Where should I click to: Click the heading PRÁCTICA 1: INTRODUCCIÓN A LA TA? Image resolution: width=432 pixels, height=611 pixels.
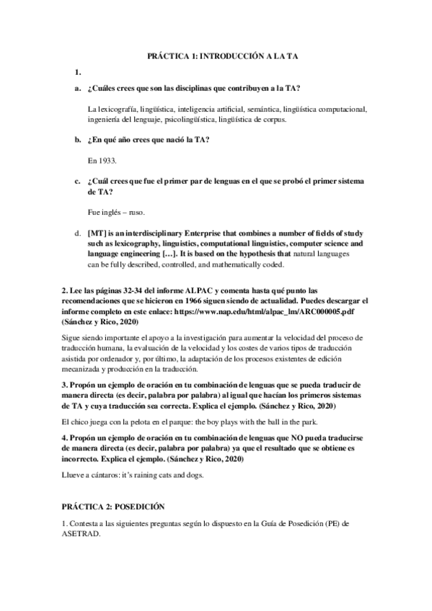pos(216,54)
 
